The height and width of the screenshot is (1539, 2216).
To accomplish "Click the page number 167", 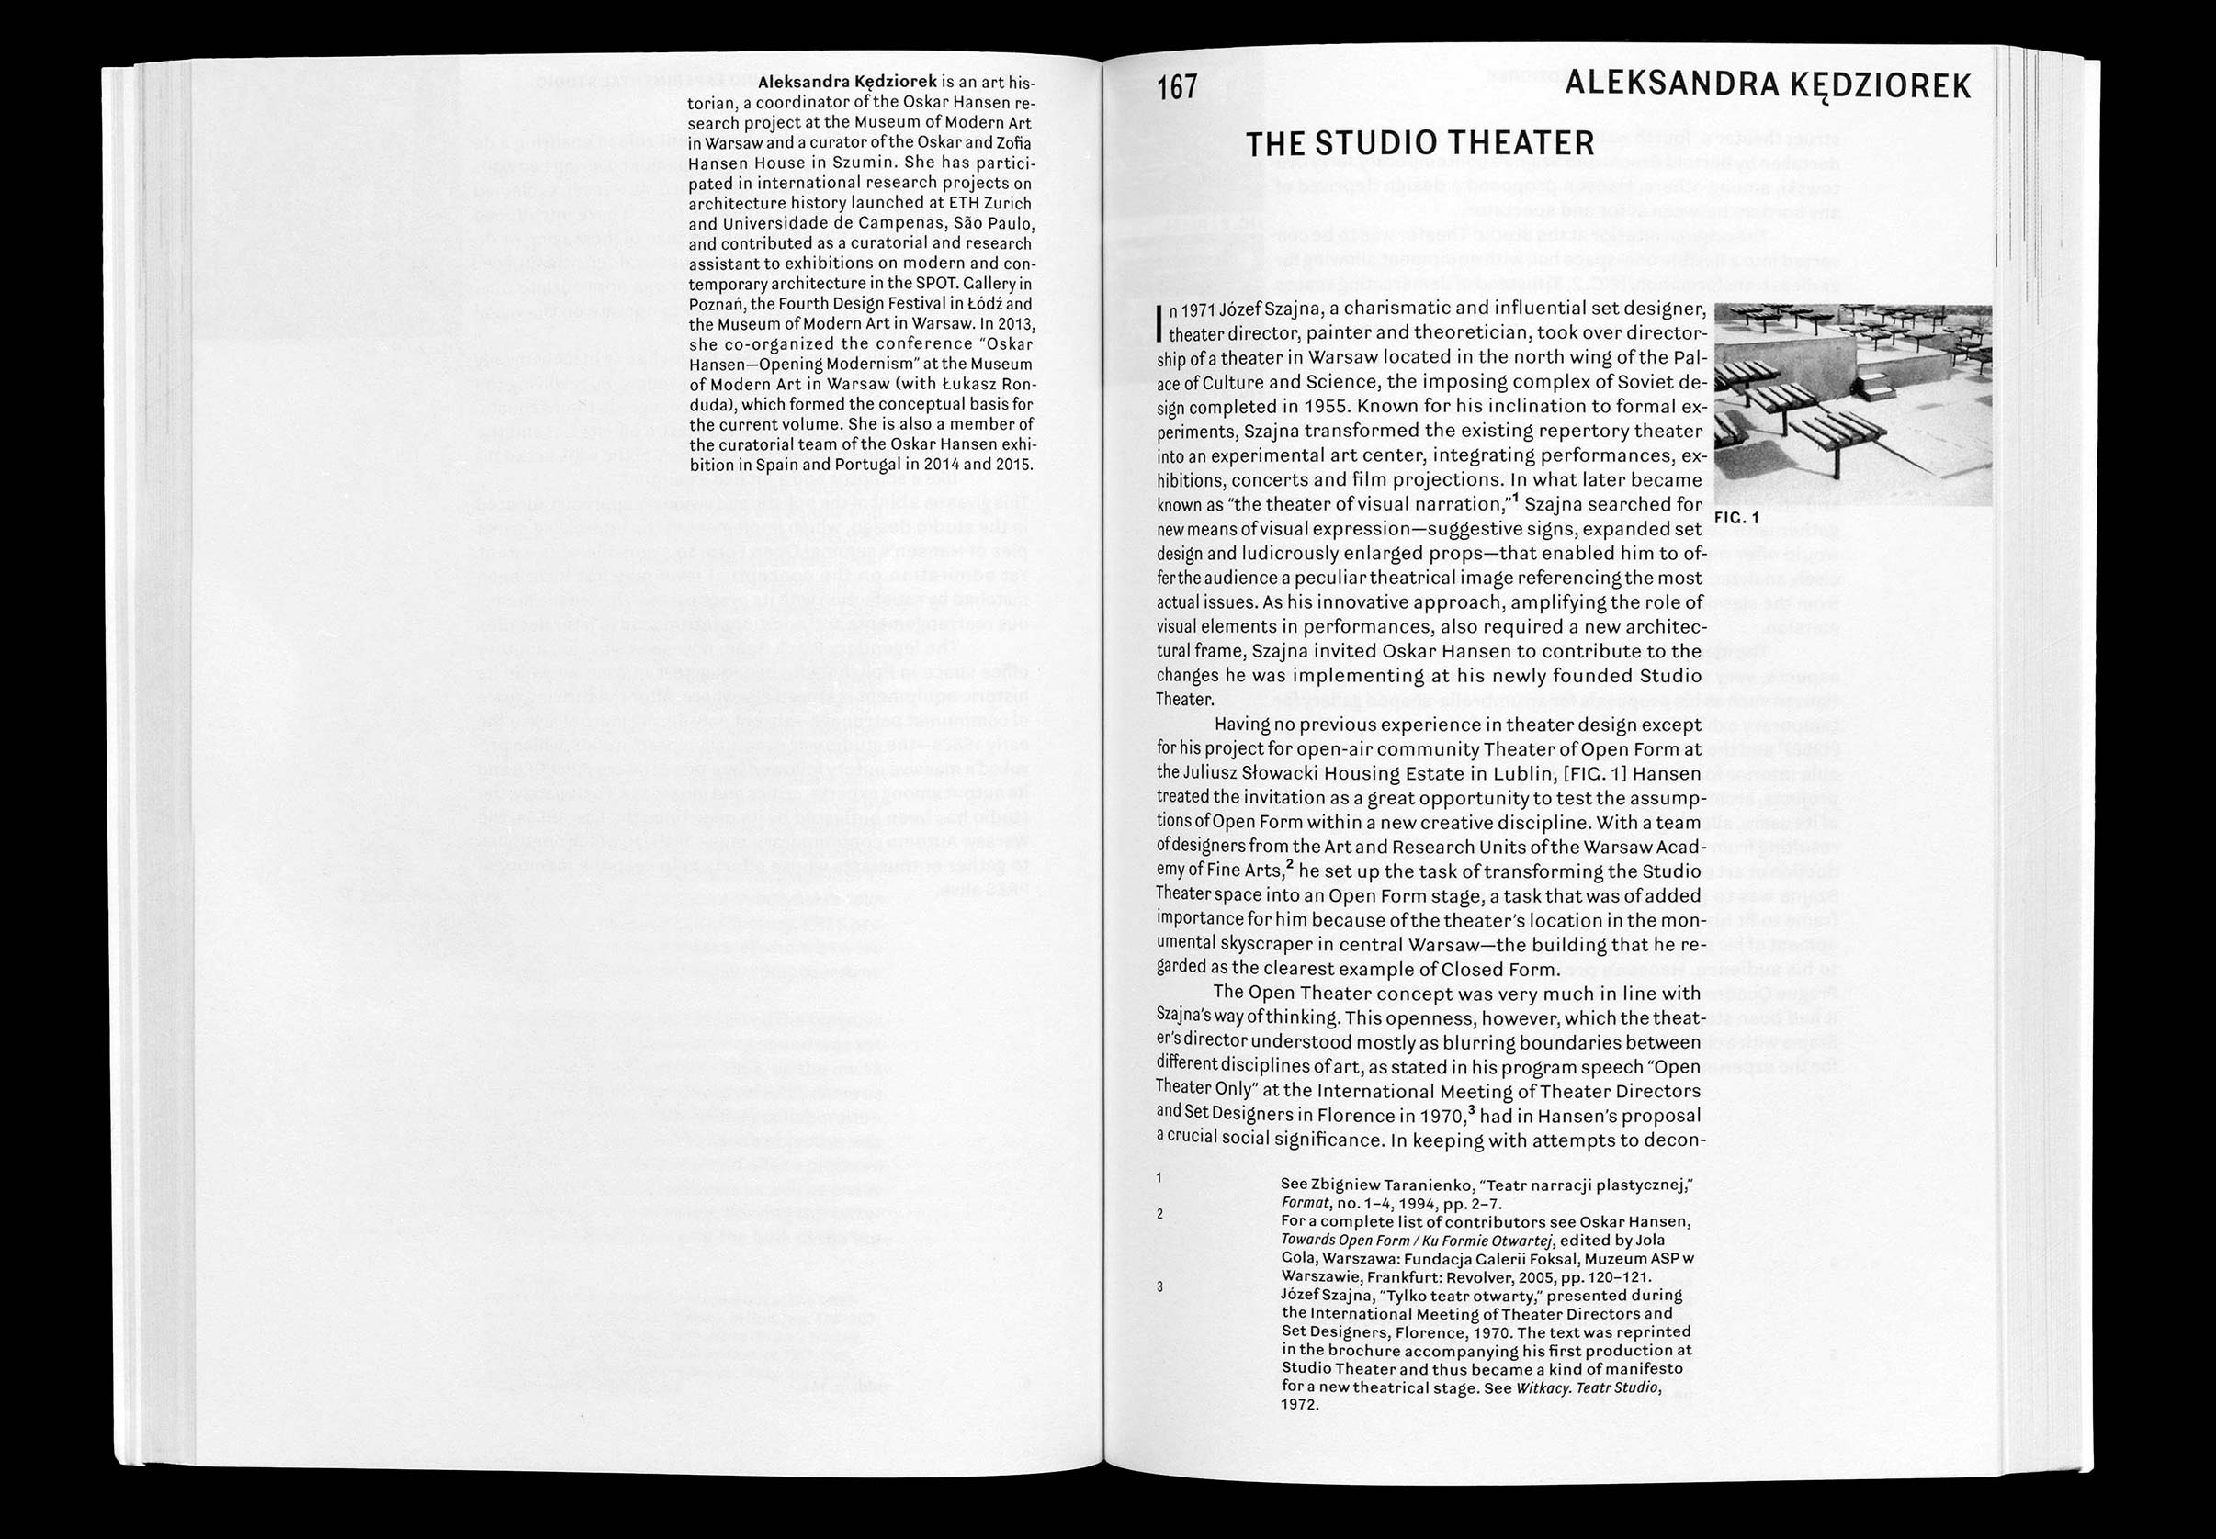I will tap(1177, 88).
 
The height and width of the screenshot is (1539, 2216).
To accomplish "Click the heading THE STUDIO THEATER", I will tap(1419, 143).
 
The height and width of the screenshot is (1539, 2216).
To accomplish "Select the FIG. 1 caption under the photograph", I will tap(1738, 519).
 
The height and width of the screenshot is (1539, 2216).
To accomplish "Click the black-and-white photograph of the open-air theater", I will tap(1852, 404).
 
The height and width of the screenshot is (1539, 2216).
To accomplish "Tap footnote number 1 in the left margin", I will tap(1159, 1177).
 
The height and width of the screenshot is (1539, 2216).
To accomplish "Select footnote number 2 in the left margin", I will tap(1159, 1213).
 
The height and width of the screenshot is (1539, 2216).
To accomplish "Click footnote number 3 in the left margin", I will tap(1159, 1286).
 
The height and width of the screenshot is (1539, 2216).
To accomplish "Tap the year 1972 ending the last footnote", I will tap(1299, 1404).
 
